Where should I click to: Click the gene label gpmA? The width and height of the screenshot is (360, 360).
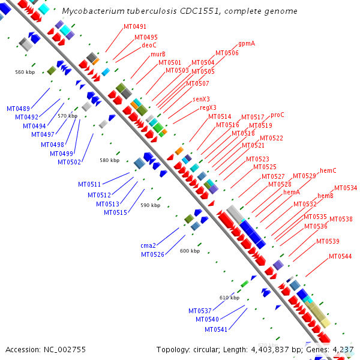247,44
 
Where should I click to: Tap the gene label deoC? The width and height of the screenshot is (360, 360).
149,45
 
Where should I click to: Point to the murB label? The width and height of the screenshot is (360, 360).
149,54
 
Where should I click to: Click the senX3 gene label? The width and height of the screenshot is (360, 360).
201,100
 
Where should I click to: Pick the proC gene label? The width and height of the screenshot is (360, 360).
277,115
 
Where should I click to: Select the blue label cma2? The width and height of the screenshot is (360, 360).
148,245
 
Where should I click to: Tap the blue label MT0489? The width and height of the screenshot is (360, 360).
19,109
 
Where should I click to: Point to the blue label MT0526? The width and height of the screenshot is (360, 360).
152,254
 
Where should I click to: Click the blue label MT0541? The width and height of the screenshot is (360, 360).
216,329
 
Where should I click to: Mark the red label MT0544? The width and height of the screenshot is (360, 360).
340,257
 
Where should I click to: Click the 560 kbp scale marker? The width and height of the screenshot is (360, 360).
25,72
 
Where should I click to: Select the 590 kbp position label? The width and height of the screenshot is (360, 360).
151,205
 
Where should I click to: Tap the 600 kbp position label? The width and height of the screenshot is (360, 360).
190,251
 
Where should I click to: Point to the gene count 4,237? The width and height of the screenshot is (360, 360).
341,349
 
